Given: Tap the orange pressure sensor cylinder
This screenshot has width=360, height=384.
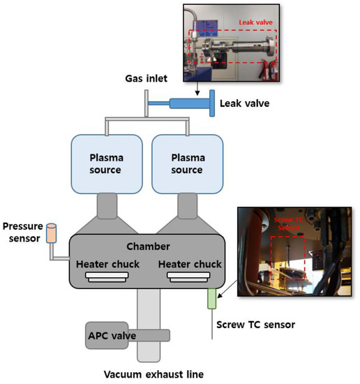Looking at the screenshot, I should pos(50,234).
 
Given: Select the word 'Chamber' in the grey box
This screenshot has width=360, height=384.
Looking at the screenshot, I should pos(147,246).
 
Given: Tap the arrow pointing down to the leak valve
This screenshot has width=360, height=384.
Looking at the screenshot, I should pos(197,87).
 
